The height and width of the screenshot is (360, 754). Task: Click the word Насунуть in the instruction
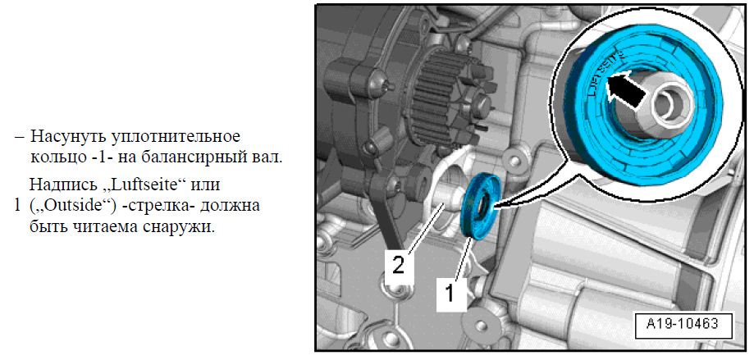(69, 136)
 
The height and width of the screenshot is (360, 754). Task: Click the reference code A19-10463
(683, 324)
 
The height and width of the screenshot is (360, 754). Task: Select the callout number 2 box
(399, 263)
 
